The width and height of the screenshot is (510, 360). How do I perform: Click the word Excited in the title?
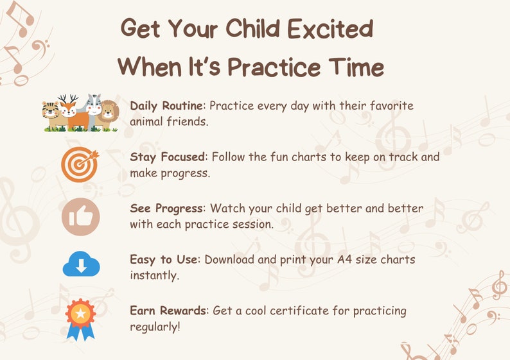coord(328,29)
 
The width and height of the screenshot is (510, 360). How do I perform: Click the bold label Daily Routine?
coord(167,106)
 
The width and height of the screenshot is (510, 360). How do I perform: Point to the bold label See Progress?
coord(167,209)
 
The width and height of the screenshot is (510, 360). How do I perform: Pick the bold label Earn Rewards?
coord(168,311)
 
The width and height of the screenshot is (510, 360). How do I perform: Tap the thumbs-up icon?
coord(80,217)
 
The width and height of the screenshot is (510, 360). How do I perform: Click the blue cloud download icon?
coord(81,264)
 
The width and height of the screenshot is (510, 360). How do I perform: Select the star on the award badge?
coord(81,314)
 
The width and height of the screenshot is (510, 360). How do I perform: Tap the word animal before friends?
coord(149,121)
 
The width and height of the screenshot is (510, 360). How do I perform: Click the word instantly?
coord(155,275)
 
